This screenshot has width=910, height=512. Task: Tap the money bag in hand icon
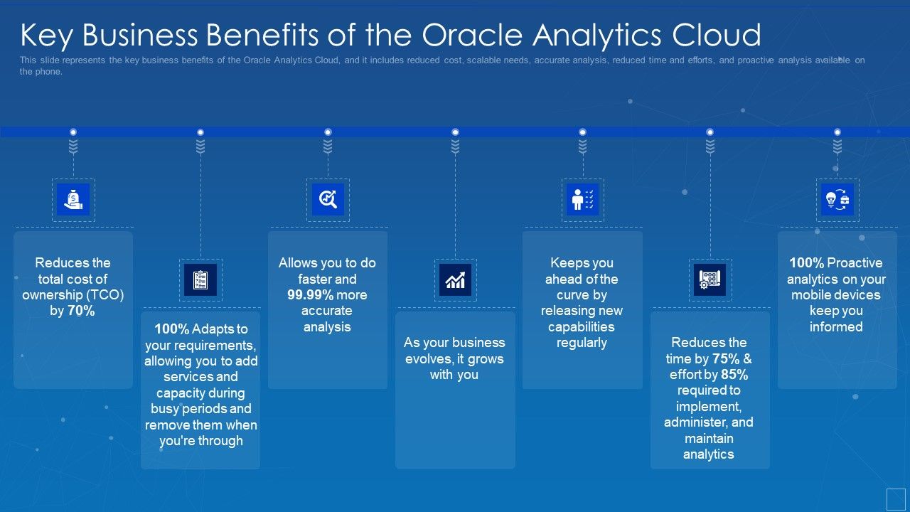pos(73,200)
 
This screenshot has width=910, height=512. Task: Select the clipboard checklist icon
pos(200,279)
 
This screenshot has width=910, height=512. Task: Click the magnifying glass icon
pos(328,200)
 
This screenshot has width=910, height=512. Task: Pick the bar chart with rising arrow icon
pos(455,279)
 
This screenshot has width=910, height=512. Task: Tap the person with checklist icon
pos(582,200)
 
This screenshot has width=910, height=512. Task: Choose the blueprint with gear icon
pos(710,279)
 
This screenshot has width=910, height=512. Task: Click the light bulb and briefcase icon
pos(837,200)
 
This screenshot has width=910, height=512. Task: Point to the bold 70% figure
pos(81,311)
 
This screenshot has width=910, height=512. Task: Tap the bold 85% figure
pos(734,375)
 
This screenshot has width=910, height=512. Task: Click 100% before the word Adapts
pos(171,329)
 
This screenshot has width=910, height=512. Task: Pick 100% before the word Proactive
pos(806,263)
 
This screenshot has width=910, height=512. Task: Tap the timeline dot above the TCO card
pos(73,132)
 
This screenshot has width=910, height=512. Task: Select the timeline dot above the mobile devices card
pos(837,132)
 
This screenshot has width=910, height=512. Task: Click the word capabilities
pos(581,327)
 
